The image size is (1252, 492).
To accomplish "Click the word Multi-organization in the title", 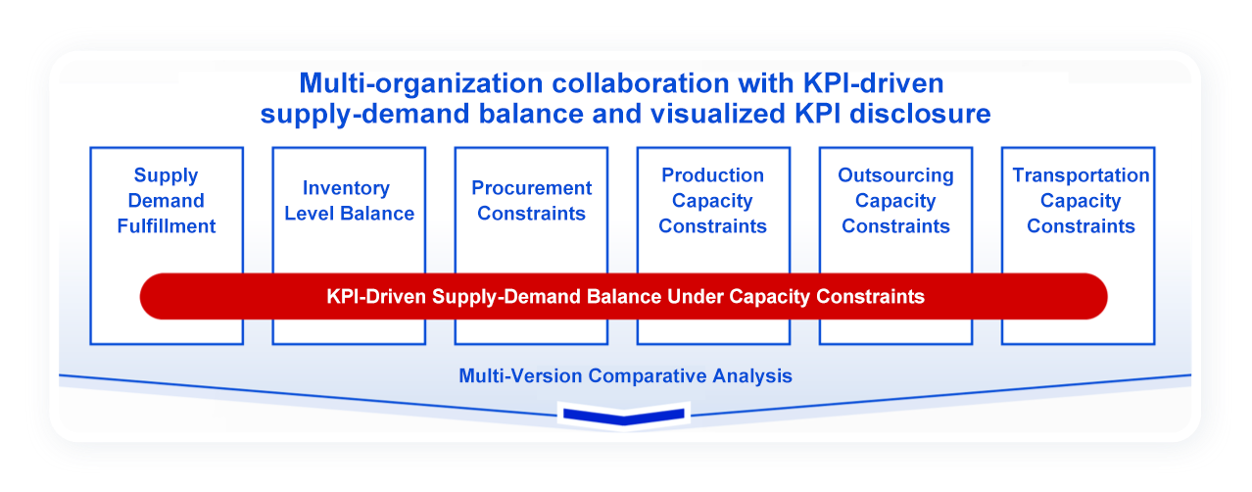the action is tap(421, 84).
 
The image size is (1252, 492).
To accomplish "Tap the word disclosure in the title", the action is tap(920, 114).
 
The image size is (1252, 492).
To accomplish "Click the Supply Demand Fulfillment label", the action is tap(166, 200).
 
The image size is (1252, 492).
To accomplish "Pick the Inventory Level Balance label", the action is tap(349, 200).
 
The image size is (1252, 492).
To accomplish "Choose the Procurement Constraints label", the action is tap(531, 200).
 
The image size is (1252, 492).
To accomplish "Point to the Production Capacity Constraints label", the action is tap(712, 200).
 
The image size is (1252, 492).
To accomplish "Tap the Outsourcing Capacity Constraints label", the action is tap(895, 200).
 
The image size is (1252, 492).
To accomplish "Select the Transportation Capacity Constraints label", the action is tap(1081, 200).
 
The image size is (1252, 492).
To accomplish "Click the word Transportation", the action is tap(1081, 175).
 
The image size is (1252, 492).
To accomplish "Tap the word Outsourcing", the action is tap(895, 175).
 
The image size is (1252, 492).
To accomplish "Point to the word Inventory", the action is tap(346, 188).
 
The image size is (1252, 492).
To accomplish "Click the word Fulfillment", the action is tap(166, 225).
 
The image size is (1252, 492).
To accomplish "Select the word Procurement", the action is tap(531, 188).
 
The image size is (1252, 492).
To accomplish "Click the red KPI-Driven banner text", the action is tap(625, 296).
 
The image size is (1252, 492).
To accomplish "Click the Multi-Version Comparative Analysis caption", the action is tap(625, 375).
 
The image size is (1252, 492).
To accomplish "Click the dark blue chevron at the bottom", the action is tap(624, 417).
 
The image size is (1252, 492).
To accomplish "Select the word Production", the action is tap(712, 175).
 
